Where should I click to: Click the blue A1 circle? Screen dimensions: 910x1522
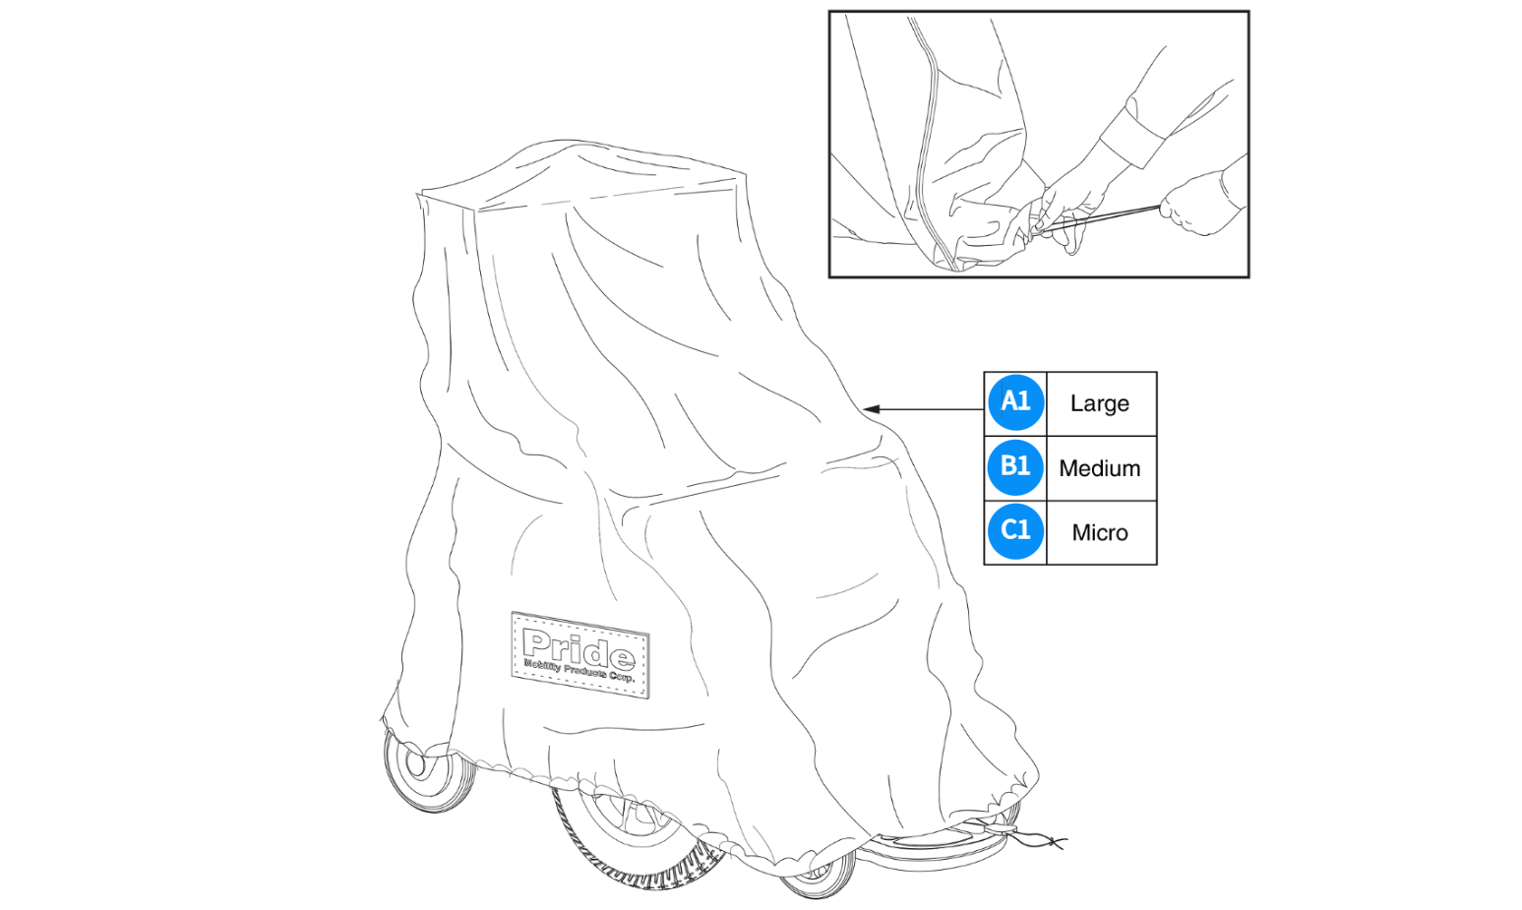[1015, 403]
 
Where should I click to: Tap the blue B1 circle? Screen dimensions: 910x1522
[1015, 467]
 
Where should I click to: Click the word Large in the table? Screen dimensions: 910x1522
[1099, 403]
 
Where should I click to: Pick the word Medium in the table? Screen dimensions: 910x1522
[1099, 468]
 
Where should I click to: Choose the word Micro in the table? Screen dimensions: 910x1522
[1099, 532]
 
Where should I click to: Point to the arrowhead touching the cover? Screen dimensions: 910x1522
[870, 408]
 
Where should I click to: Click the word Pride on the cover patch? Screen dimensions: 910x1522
[578, 649]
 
